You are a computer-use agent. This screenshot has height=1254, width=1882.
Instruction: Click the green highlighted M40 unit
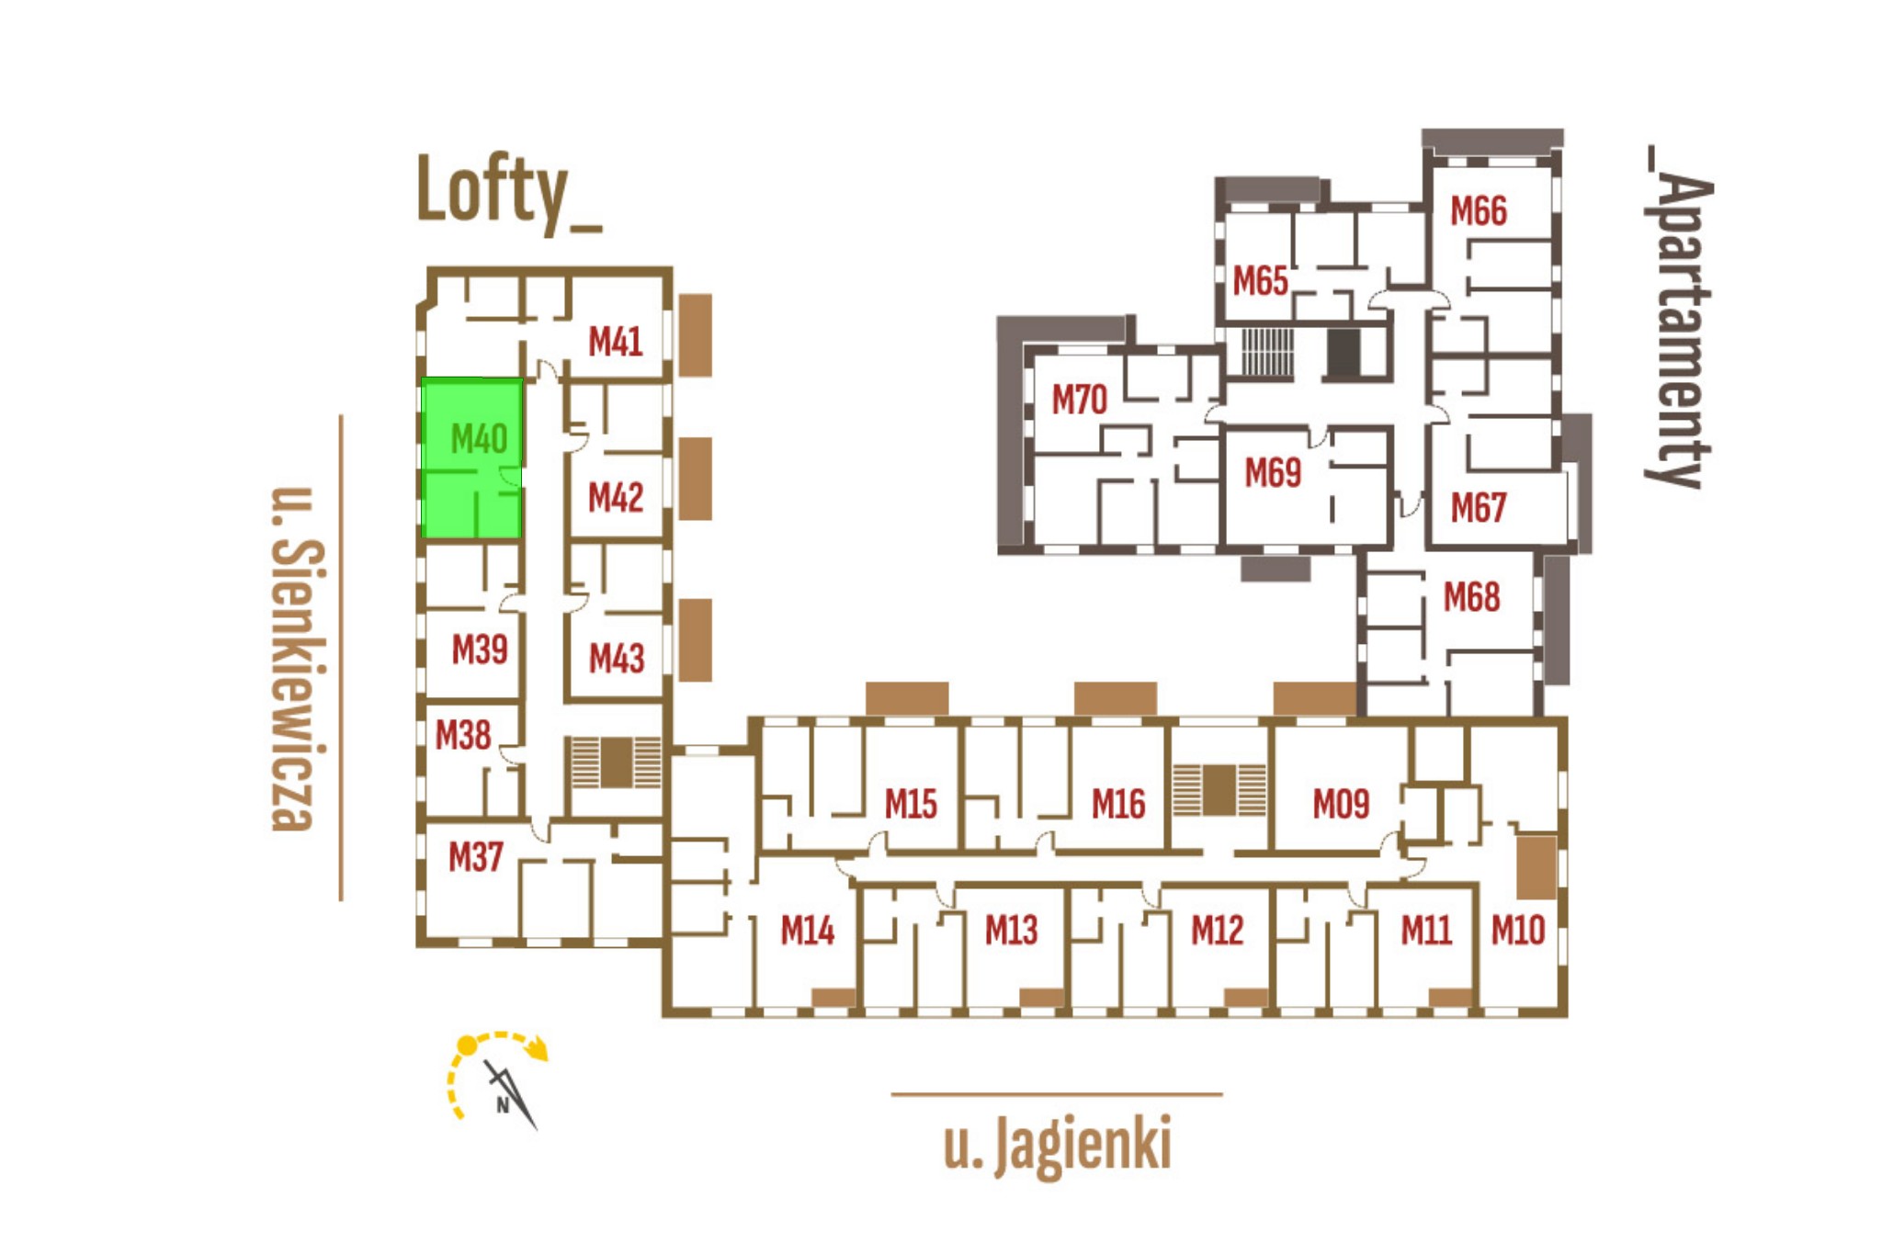coord(472,458)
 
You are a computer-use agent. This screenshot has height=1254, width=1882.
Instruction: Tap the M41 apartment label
coord(615,342)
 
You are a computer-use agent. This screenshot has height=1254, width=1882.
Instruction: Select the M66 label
coord(1479,211)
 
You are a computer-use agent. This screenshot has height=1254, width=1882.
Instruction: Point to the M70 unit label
coord(1079,400)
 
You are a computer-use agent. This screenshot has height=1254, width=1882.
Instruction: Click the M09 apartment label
coord(1341,804)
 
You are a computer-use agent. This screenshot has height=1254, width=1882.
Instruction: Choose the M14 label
coord(807,931)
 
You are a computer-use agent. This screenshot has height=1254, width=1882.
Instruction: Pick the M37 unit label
coord(475,857)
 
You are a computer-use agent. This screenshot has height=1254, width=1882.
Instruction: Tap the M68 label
coord(1471,597)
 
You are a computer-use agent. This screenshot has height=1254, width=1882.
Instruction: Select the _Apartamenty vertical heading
coord(1678,317)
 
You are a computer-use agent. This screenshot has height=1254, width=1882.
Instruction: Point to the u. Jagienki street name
coord(1057,1145)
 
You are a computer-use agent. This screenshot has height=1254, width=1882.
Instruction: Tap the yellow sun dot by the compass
coord(468,1045)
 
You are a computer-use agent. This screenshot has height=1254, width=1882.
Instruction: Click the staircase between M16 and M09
coord(1219,789)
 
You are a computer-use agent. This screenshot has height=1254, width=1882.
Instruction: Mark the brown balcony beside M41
coord(696,334)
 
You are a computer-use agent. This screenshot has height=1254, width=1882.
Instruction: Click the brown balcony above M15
coord(907,698)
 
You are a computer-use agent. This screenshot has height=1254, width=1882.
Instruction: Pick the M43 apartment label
coord(616,658)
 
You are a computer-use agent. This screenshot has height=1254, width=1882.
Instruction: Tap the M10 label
coord(1517,931)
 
